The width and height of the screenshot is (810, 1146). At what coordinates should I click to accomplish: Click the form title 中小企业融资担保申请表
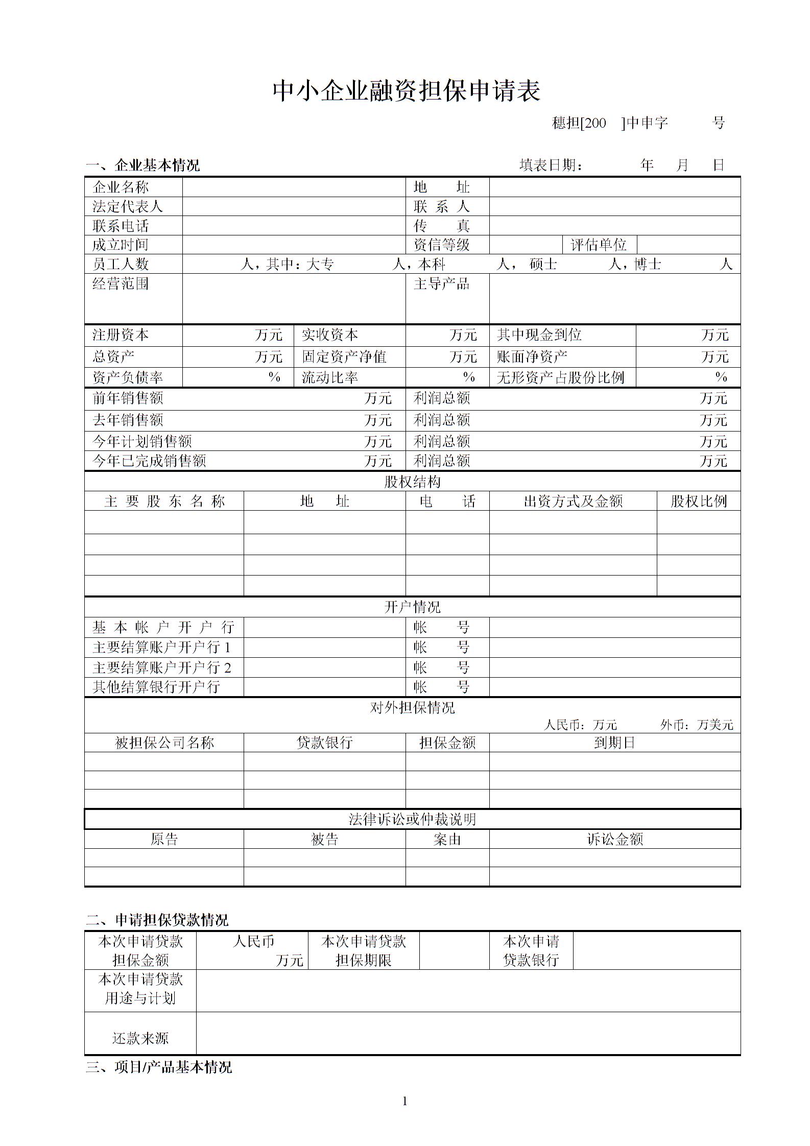(406, 91)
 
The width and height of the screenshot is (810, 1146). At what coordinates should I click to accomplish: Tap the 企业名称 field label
(121, 187)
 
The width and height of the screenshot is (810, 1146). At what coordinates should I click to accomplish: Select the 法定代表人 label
(127, 207)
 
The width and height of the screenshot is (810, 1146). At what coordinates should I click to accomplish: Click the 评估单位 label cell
(599, 245)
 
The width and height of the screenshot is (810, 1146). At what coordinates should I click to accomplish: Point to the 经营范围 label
(121, 284)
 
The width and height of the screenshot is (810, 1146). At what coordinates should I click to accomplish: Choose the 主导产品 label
(441, 284)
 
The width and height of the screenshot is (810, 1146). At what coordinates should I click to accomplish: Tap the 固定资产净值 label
(344, 356)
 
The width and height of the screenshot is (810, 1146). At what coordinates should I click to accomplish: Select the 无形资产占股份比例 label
(560, 378)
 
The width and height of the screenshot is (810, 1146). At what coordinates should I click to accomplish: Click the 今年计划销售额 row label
(142, 441)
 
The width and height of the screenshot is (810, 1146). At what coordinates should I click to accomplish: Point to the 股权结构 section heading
(412, 482)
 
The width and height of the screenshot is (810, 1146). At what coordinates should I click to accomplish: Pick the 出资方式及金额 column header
(573, 502)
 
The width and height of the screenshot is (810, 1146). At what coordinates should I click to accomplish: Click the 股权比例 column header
(698, 502)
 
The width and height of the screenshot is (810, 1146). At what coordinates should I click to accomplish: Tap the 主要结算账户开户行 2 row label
(162, 667)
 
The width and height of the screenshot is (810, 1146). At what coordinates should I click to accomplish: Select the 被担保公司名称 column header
(164, 743)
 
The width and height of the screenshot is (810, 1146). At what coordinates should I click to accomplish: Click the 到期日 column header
(614, 743)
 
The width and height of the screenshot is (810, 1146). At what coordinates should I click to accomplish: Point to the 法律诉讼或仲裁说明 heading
(412, 819)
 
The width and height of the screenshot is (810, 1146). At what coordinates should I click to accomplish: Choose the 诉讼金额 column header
(614, 839)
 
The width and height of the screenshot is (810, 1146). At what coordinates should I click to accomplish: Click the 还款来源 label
(140, 1038)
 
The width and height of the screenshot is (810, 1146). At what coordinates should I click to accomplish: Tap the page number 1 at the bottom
(405, 1101)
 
